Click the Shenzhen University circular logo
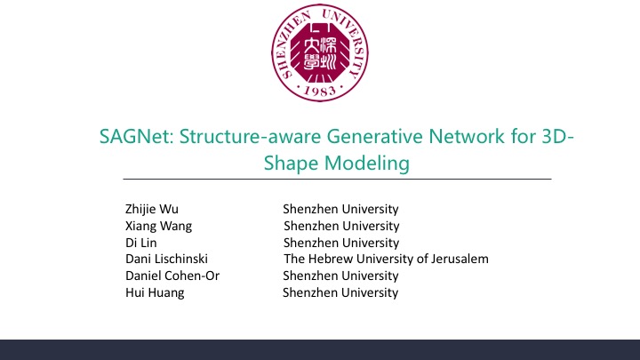[x=320, y=52]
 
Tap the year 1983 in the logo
[x=320, y=91]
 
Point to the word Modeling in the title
[x=367, y=163]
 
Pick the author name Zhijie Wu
[x=152, y=209]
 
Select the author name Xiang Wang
[x=158, y=226]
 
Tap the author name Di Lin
[x=140, y=243]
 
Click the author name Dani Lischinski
[x=166, y=259]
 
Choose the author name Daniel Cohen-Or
[x=172, y=276]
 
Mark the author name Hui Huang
[x=155, y=292]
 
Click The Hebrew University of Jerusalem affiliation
[x=386, y=259]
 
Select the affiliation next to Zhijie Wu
[x=340, y=209]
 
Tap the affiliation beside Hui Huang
[x=340, y=292]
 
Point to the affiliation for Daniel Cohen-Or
[x=340, y=276]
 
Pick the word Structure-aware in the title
[x=250, y=136]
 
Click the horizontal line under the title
[x=337, y=179]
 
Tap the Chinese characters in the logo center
[x=320, y=53]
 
